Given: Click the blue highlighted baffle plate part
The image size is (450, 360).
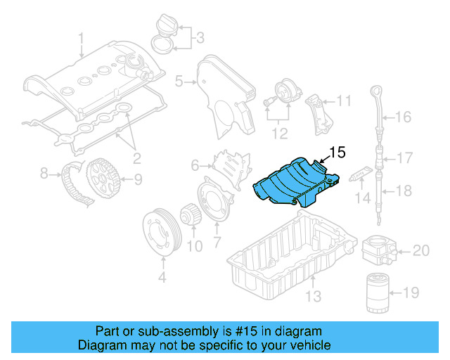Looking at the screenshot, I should [292, 185].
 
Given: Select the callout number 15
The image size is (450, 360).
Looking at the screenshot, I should [337, 151].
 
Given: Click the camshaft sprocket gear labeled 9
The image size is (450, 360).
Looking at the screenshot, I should [103, 179].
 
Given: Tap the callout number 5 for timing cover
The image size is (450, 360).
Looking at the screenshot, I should [179, 82].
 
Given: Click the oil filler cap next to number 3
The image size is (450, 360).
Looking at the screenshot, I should [162, 29].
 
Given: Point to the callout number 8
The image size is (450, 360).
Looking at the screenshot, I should [44, 172].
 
